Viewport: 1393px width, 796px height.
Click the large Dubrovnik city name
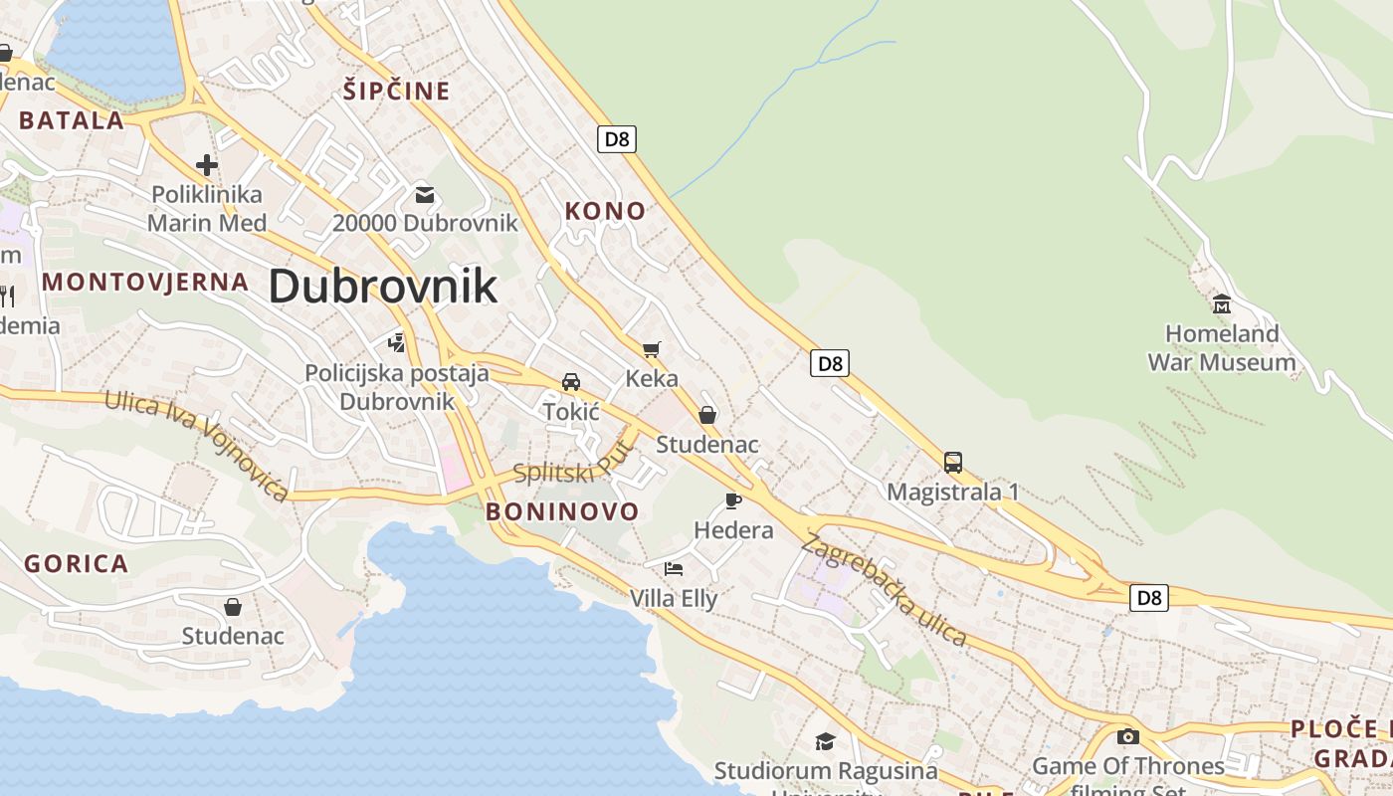coord(383,287)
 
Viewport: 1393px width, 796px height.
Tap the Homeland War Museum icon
coord(1221,302)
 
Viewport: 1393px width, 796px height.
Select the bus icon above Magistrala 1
coord(952,463)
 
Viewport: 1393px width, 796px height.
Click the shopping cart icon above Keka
coord(652,349)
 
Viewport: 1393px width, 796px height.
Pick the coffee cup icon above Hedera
coord(733,500)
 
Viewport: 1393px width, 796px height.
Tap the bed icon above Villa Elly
coord(674,569)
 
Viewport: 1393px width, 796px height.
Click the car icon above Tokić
coord(571,382)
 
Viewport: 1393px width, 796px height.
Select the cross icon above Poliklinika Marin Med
coord(207,165)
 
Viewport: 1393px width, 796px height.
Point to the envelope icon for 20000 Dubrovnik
coord(425,194)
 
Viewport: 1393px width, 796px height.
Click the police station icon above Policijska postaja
coord(397,343)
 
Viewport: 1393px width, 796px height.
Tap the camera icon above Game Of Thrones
coord(1127,736)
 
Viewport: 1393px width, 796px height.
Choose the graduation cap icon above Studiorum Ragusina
coord(825,741)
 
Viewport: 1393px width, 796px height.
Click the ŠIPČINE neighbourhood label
coord(397,92)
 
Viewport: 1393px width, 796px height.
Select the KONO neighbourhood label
coord(605,211)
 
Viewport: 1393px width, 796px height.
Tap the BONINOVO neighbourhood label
coord(562,512)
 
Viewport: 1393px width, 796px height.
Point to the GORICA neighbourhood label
coord(77,564)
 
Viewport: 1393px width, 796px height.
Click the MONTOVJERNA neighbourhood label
coord(145,282)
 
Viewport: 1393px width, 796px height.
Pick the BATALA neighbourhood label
coord(72,121)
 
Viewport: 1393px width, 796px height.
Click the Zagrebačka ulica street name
coord(885,591)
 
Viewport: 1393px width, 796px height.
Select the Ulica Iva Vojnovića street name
coord(197,445)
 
